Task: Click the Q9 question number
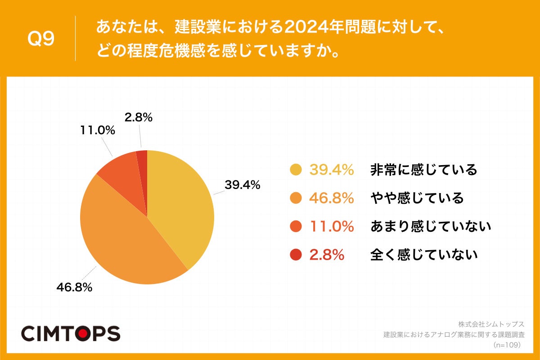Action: click(x=41, y=39)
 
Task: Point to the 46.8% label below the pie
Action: click(x=74, y=287)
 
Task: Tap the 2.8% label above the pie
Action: click(x=138, y=118)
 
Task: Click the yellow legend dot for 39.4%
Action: click(x=296, y=170)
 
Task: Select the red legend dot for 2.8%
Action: click(x=296, y=255)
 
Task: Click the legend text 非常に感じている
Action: click(x=423, y=170)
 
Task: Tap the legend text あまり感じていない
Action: click(x=430, y=227)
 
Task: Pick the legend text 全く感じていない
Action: click(x=423, y=255)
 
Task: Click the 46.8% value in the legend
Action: click(x=331, y=198)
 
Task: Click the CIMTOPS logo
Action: click(x=71, y=333)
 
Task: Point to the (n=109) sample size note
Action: click(x=507, y=345)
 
